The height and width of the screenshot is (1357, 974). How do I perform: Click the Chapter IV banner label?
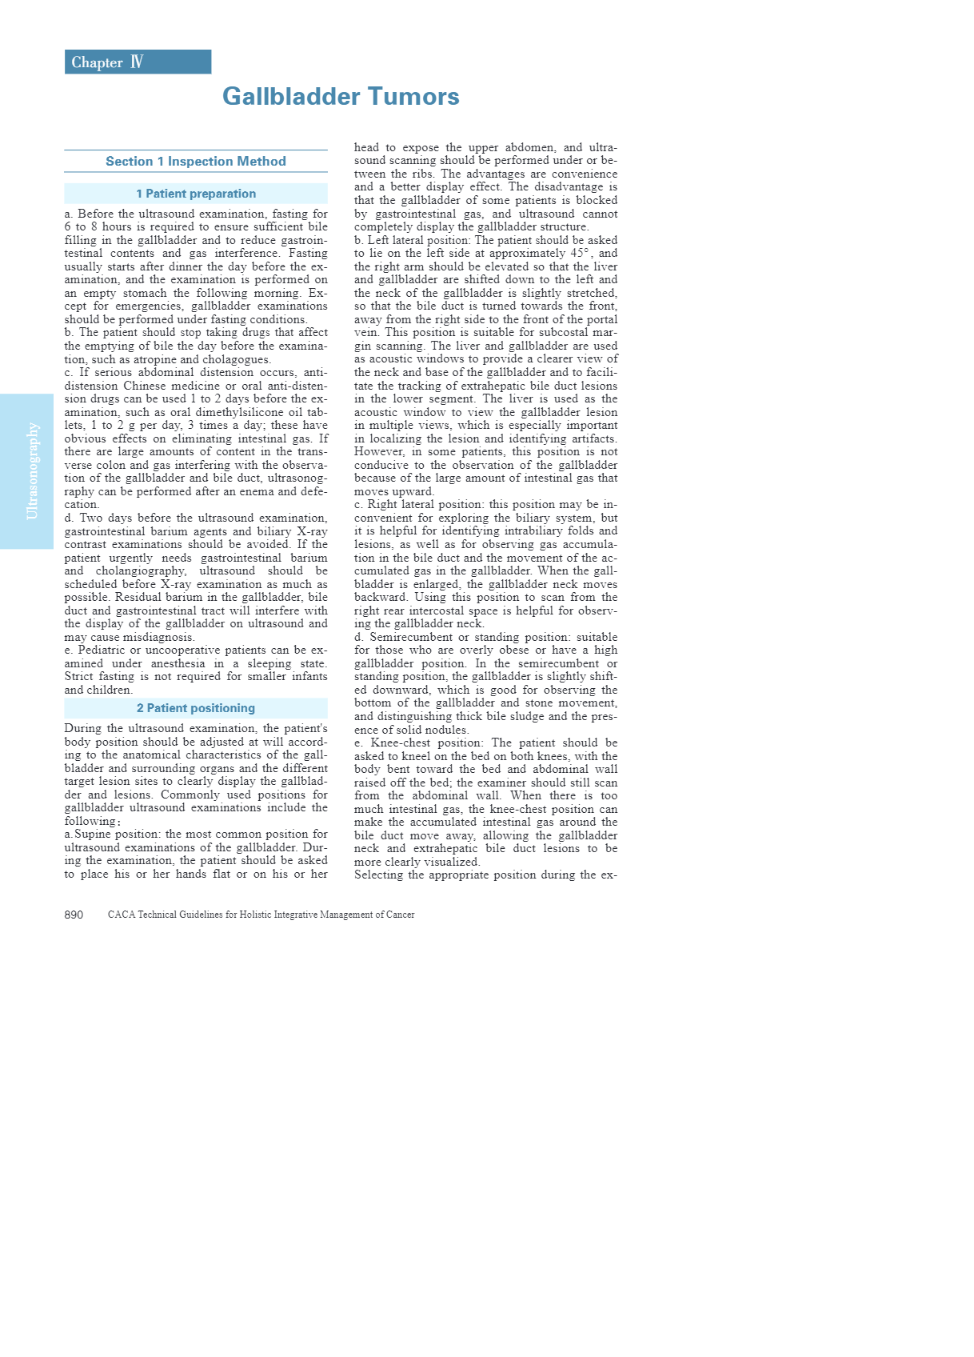pos(107,62)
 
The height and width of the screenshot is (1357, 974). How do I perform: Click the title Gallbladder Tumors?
pos(341,97)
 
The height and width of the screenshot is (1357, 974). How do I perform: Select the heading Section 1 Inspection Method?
pos(196,162)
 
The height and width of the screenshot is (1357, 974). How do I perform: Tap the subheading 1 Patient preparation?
pos(196,194)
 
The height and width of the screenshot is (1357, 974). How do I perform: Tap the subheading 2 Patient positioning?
pos(196,708)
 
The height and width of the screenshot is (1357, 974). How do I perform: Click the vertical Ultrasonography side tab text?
pos(33,471)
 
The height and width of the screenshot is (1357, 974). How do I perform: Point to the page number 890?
pos(74,915)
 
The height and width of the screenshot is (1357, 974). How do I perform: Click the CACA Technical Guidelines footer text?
pos(261,915)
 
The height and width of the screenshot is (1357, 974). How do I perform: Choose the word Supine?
pos(92,834)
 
